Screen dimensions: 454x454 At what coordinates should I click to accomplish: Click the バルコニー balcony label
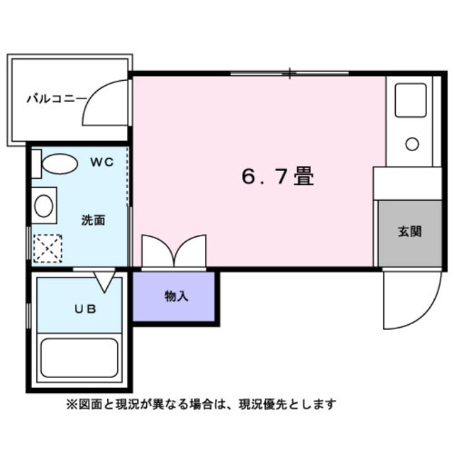(57, 98)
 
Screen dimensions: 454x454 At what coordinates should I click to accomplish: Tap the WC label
(101, 162)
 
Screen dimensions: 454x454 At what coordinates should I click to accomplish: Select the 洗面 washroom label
(93, 220)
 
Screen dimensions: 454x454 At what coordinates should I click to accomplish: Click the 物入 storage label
(176, 296)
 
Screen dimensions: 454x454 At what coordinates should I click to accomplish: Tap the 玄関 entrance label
(409, 231)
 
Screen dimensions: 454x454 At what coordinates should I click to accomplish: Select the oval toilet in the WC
(60, 164)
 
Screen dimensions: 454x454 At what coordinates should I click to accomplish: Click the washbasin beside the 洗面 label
(44, 206)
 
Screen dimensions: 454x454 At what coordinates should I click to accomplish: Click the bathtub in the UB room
(79, 358)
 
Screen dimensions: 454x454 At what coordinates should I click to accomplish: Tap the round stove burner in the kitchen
(411, 144)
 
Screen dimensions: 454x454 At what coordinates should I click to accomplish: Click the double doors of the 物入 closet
(174, 252)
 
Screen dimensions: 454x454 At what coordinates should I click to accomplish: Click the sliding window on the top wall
(289, 73)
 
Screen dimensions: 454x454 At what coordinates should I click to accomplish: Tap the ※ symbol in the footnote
(71, 404)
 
